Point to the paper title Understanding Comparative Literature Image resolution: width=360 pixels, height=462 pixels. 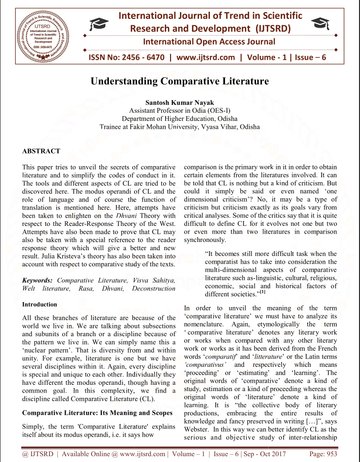tap(180, 81)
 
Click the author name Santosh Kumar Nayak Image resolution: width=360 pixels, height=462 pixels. tap(180, 103)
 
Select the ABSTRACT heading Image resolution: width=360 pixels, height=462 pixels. tap(41, 151)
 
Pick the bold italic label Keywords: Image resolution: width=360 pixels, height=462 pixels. tap(38, 280)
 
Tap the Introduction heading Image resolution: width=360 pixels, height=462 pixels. tap(40, 305)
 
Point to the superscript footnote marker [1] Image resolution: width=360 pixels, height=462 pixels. tap(262, 292)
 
